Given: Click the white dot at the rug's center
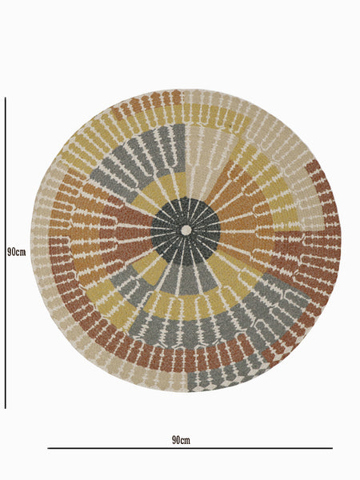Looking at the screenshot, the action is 186,230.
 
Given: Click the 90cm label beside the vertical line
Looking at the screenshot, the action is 16,252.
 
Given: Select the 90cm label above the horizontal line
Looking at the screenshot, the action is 181,440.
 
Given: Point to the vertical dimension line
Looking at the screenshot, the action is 6,253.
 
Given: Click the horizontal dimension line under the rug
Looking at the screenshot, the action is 190,448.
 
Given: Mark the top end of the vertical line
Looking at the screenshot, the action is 6,98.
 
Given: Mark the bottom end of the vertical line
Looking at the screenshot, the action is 6,408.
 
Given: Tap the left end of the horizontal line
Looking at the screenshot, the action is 48,448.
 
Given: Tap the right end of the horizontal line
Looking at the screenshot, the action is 333,448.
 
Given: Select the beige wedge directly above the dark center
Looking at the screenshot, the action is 202,159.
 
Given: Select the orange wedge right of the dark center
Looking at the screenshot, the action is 242,223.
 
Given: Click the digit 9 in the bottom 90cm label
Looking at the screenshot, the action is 174,440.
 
